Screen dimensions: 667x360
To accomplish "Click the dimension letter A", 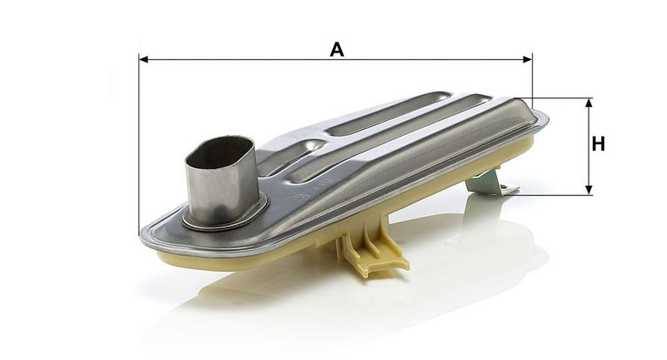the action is (x=337, y=50).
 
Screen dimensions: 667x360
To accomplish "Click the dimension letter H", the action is (x=598, y=144).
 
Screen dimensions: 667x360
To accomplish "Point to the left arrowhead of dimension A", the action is (x=143, y=59).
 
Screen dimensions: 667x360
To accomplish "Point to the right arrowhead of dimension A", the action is (x=528, y=59).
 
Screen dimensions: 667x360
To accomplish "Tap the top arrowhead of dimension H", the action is (x=589, y=102).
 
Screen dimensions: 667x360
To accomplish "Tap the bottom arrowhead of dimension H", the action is (x=589, y=190).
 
